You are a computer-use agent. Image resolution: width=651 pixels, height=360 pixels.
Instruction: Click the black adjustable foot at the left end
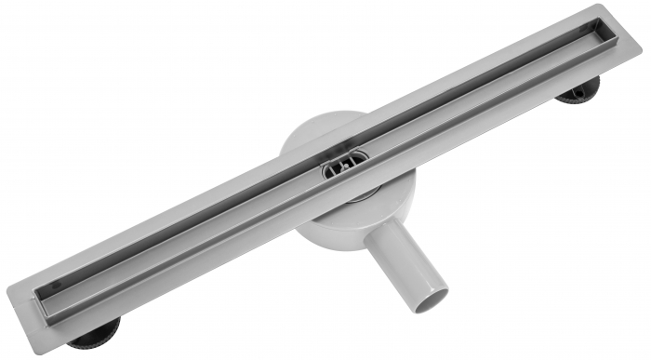[95, 333]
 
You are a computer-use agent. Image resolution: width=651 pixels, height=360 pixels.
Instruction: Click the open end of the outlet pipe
[431, 297]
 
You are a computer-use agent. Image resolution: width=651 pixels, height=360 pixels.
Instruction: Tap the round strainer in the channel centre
[340, 167]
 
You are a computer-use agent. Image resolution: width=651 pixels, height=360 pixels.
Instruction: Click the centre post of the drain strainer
[341, 167]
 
